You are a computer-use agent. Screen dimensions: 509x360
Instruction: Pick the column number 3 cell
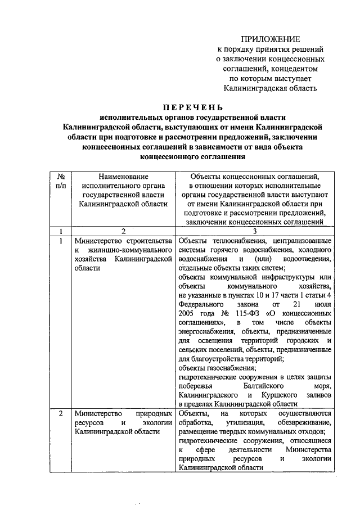pyautogui.click(x=254, y=231)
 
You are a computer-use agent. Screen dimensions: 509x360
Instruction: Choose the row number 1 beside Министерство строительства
pyautogui.click(x=61, y=241)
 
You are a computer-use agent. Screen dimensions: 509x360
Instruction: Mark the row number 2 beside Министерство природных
pyautogui.click(x=61, y=415)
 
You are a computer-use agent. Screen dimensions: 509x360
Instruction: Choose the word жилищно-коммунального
pyautogui.click(x=130, y=250)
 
